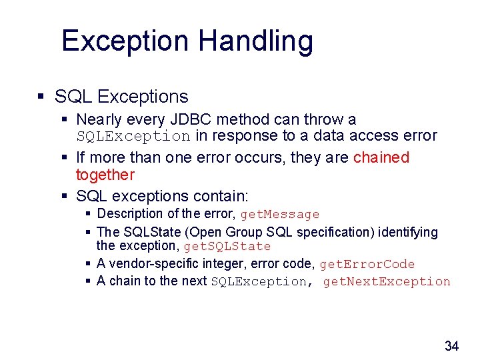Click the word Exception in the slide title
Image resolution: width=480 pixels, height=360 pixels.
[125, 41]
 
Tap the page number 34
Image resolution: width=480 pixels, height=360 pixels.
[451, 345]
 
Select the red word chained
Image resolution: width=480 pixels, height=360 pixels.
[381, 158]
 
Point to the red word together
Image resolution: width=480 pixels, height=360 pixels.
[105, 175]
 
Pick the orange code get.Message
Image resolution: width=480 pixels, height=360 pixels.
[280, 215]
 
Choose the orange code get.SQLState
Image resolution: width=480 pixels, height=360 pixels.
[227, 247]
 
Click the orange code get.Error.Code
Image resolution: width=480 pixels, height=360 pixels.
[367, 265]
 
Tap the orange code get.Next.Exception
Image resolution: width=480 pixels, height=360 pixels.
[387, 281]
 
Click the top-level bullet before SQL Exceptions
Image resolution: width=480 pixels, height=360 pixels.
[41, 97]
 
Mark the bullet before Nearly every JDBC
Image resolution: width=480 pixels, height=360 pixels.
[65, 120]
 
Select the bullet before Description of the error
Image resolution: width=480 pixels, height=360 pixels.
[89, 214]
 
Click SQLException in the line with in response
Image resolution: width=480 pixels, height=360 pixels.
[133, 137]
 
